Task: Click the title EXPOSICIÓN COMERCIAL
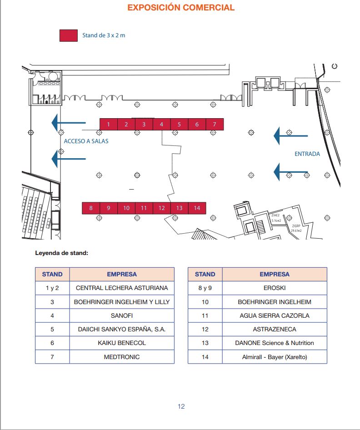pyautogui.click(x=181, y=8)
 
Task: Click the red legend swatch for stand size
pyautogui.click(x=68, y=35)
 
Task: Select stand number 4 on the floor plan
pyautogui.click(x=161, y=125)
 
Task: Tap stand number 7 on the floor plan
pyautogui.click(x=215, y=125)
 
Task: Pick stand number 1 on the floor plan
pyautogui.click(x=108, y=125)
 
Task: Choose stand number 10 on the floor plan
pyautogui.click(x=126, y=208)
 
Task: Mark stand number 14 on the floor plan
pyautogui.click(x=197, y=208)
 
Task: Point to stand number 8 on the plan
pyautogui.click(x=90, y=208)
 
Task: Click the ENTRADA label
pyautogui.click(x=307, y=154)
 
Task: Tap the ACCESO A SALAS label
pyautogui.click(x=86, y=141)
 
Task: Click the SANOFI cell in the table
pyautogui.click(x=122, y=315)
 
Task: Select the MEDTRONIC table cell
pyautogui.click(x=122, y=357)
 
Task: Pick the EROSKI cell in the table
pyautogui.click(x=275, y=288)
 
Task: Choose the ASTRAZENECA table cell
pyautogui.click(x=275, y=329)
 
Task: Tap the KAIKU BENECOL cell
pyautogui.click(x=122, y=343)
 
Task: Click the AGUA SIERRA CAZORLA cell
pyautogui.click(x=275, y=315)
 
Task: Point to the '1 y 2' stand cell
pyautogui.click(x=52, y=288)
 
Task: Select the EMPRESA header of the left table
pyautogui.click(x=122, y=274)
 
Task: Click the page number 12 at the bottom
pyautogui.click(x=181, y=406)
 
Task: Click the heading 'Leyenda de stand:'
pyautogui.click(x=61, y=253)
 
